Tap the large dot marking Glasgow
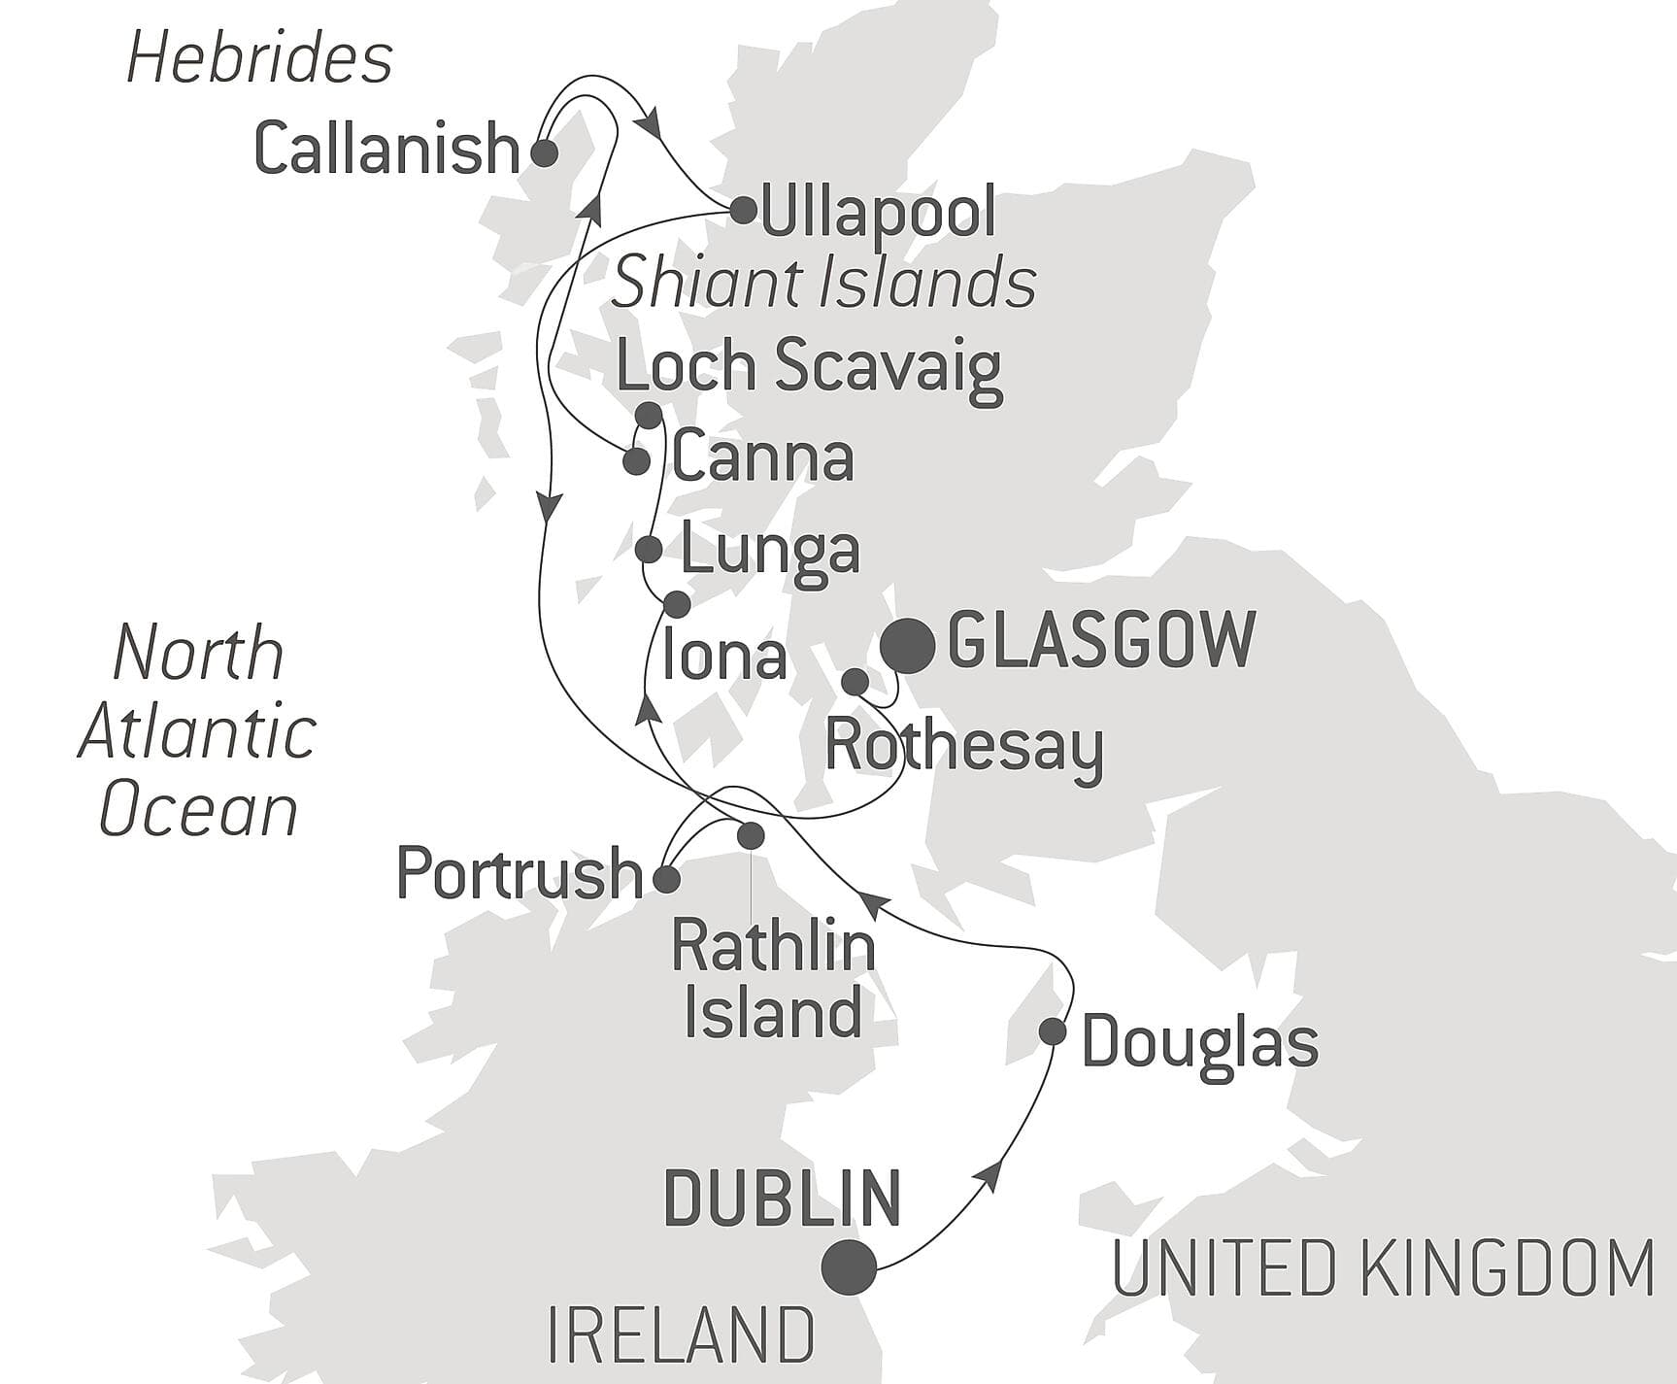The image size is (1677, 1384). coord(908,646)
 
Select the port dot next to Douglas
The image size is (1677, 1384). coord(1053,1031)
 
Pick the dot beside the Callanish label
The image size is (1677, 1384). coord(544,152)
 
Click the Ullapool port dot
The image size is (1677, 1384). coord(743,210)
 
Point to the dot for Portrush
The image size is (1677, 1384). coord(666,880)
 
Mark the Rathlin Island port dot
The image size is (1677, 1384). coord(751,835)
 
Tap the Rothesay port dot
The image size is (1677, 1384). coord(855,682)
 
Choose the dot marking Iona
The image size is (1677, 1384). coord(677,604)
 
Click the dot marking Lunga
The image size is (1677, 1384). coord(649,550)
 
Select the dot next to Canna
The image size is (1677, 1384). coord(636,461)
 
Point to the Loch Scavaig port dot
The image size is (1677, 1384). coord(648,416)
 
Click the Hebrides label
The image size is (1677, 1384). coord(259,59)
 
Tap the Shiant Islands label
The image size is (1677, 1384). coord(823,285)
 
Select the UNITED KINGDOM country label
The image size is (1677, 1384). coord(1383,1268)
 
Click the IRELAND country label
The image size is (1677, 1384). coord(681,1337)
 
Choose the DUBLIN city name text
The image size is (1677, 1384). coord(782,1198)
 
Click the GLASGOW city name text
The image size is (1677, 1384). coord(1101,640)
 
